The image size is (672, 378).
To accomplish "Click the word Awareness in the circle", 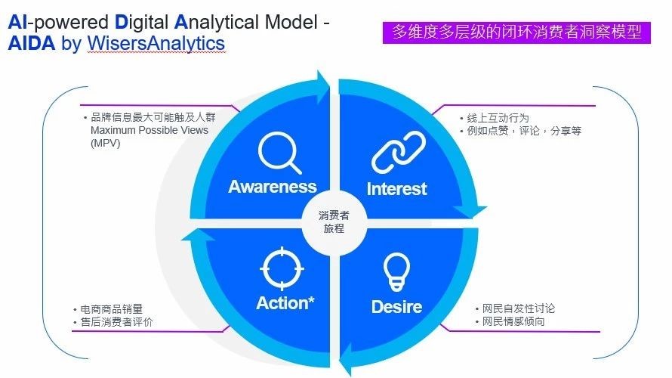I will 273,187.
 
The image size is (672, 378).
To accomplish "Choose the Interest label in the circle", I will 396,189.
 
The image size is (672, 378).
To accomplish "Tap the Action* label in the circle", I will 285,303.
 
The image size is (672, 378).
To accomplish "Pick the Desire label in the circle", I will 396,307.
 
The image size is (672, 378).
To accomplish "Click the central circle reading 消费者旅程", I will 334,222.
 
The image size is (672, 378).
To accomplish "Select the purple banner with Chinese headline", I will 516,32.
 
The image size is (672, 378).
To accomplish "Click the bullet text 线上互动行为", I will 498,118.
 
